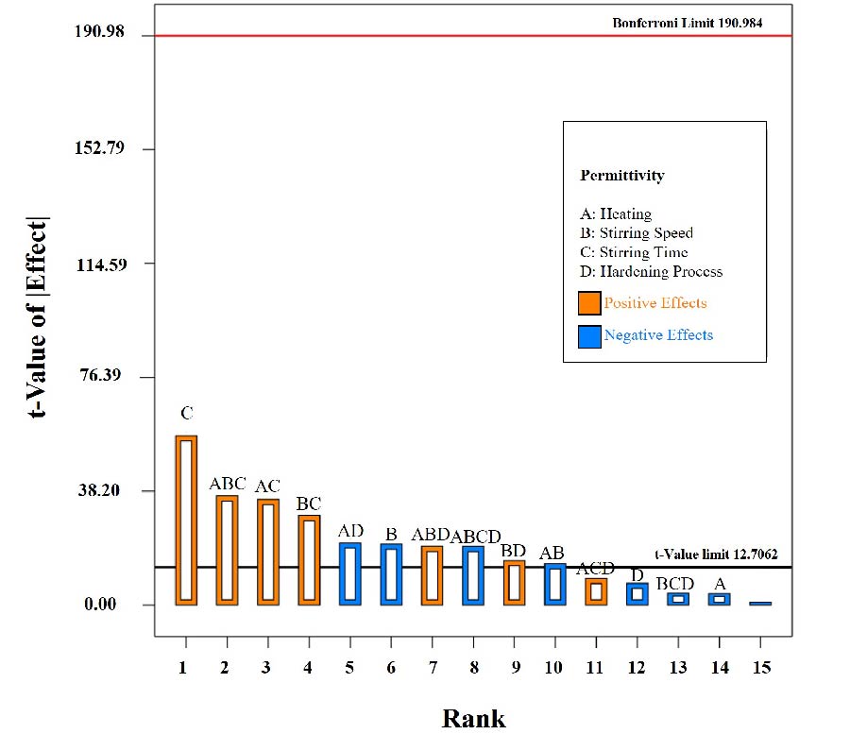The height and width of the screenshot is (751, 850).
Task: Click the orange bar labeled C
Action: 186,520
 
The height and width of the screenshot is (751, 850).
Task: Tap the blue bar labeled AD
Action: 349,573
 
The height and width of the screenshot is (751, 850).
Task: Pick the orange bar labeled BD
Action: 514,583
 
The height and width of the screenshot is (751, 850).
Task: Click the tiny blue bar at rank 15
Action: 760,603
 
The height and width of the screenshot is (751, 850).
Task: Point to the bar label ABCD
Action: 475,537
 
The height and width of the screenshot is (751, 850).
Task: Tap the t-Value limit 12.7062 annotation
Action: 716,555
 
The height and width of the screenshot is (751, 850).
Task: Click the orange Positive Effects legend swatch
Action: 589,303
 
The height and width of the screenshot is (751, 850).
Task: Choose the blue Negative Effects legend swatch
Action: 589,335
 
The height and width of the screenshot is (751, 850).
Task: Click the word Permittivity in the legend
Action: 622,176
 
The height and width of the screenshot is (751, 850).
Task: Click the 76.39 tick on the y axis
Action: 106,377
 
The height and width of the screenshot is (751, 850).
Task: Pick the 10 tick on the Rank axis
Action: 553,668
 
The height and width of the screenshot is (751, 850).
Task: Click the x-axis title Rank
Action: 473,719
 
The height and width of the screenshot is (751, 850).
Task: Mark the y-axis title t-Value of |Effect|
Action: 41,316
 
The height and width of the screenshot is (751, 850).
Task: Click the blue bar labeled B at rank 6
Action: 391,574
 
